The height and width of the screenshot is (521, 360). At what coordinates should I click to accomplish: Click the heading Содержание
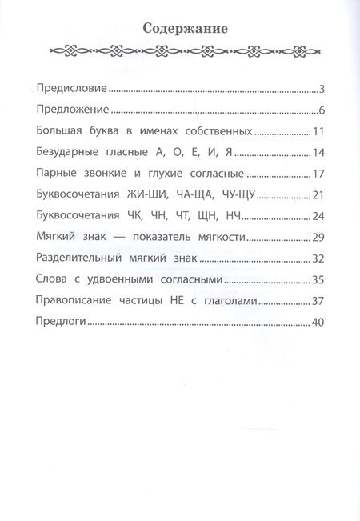pos(185,29)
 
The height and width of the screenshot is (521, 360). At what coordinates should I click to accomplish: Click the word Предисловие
pos(73,88)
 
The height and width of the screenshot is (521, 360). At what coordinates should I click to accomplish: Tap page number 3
pos(319,88)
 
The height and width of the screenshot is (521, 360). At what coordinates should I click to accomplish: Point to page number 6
pos(319,110)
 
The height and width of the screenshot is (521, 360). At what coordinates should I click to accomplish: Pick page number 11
pos(317,131)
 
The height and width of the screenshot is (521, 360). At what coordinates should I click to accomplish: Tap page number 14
pos(317,153)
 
